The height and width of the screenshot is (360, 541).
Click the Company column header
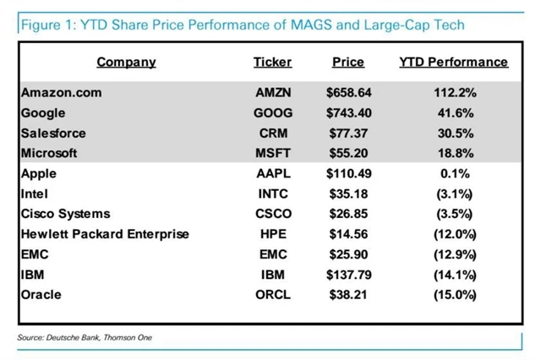126,62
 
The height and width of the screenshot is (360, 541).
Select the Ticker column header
272,62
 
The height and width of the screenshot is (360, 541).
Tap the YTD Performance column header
453,62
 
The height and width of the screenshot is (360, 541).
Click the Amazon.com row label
60,92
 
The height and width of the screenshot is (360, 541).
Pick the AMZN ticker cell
273,92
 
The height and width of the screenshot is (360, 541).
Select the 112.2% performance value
453,92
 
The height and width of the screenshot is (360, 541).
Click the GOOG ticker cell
273,112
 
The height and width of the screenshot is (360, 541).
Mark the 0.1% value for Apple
453,173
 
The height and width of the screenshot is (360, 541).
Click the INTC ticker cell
273,194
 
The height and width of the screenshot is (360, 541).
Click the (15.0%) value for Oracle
453,295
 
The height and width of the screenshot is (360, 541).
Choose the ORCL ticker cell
273,295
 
